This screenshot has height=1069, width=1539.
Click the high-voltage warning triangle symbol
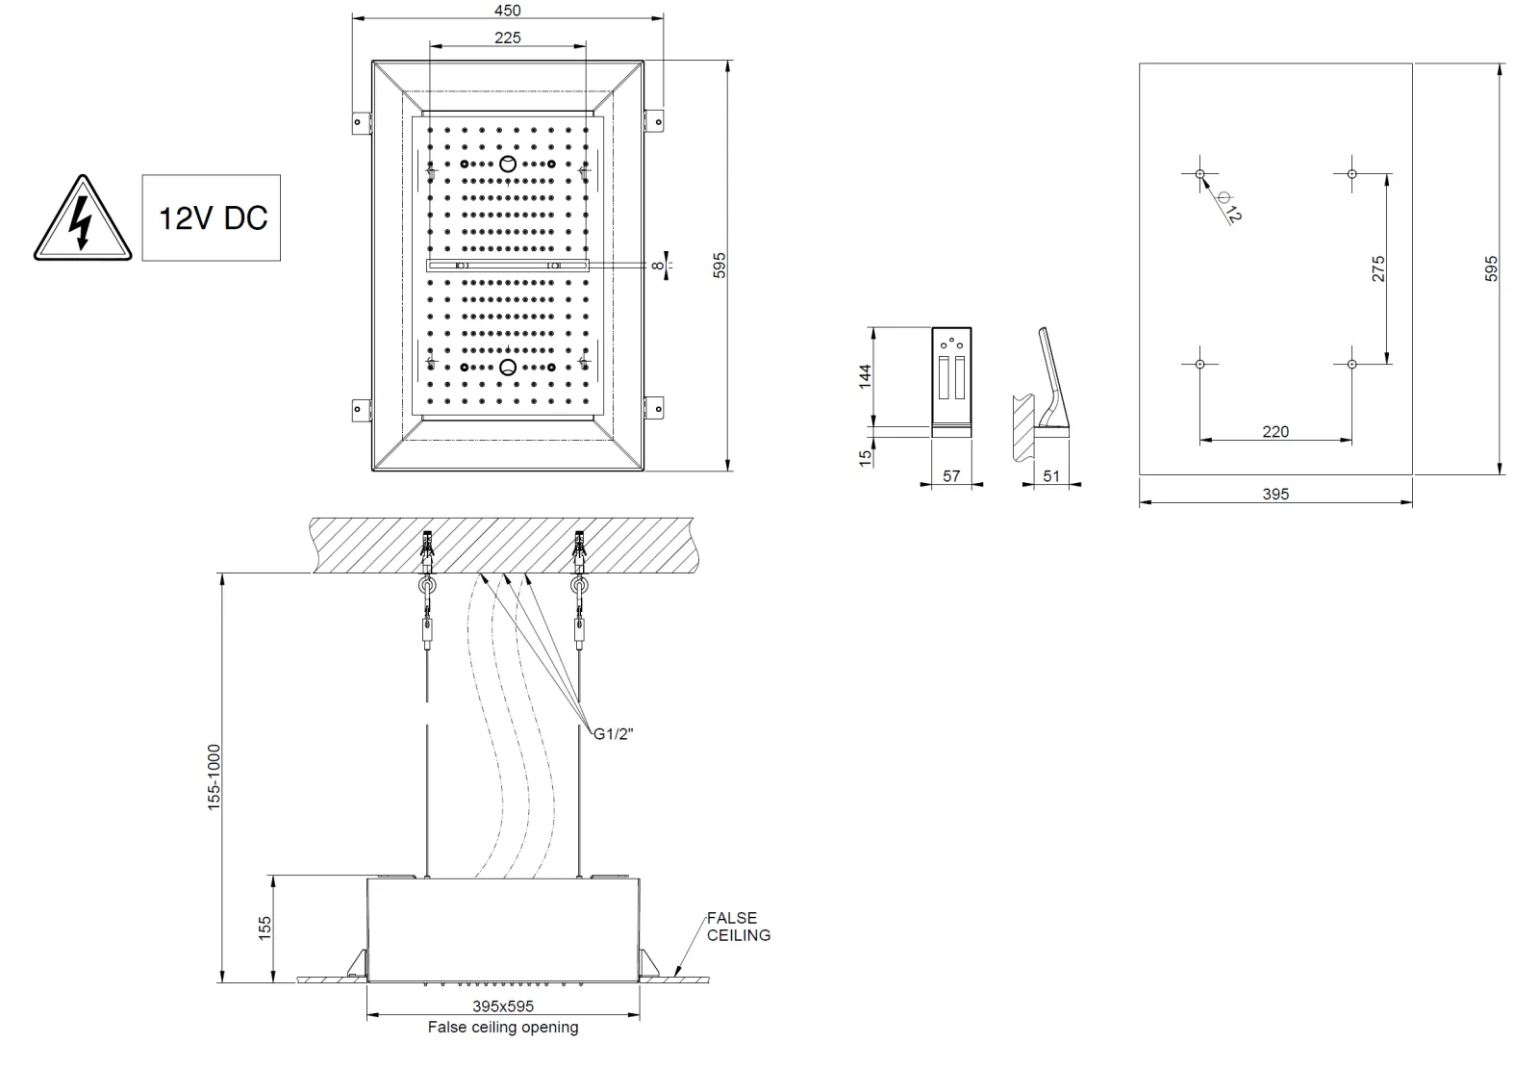[x=82, y=220]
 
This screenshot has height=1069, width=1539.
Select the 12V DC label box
[x=212, y=217]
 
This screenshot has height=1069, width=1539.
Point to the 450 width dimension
[x=507, y=11]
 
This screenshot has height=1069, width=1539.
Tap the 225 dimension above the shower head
[x=507, y=38]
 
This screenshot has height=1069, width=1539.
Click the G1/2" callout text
[x=613, y=734]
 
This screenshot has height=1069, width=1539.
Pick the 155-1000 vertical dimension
[x=214, y=776]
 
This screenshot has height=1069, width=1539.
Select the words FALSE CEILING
[x=738, y=926]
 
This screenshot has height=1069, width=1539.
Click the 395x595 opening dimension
[x=502, y=1006]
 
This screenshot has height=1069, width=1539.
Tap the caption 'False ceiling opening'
[x=503, y=1028]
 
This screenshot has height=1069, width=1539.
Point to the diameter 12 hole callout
[x=1228, y=206]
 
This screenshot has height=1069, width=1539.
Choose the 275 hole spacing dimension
[x=1378, y=268]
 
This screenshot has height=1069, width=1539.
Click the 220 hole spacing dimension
[x=1274, y=432]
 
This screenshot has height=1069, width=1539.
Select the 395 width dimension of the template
[x=1274, y=495]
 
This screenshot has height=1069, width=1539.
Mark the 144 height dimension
[x=866, y=375]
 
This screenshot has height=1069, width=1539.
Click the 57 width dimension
[x=950, y=476]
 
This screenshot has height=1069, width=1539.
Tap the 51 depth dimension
[x=1050, y=476]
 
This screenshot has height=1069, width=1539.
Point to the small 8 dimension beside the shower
[x=657, y=265]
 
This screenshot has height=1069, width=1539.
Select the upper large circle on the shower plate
[x=508, y=164]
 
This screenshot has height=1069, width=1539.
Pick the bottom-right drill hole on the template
[x=1351, y=364]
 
